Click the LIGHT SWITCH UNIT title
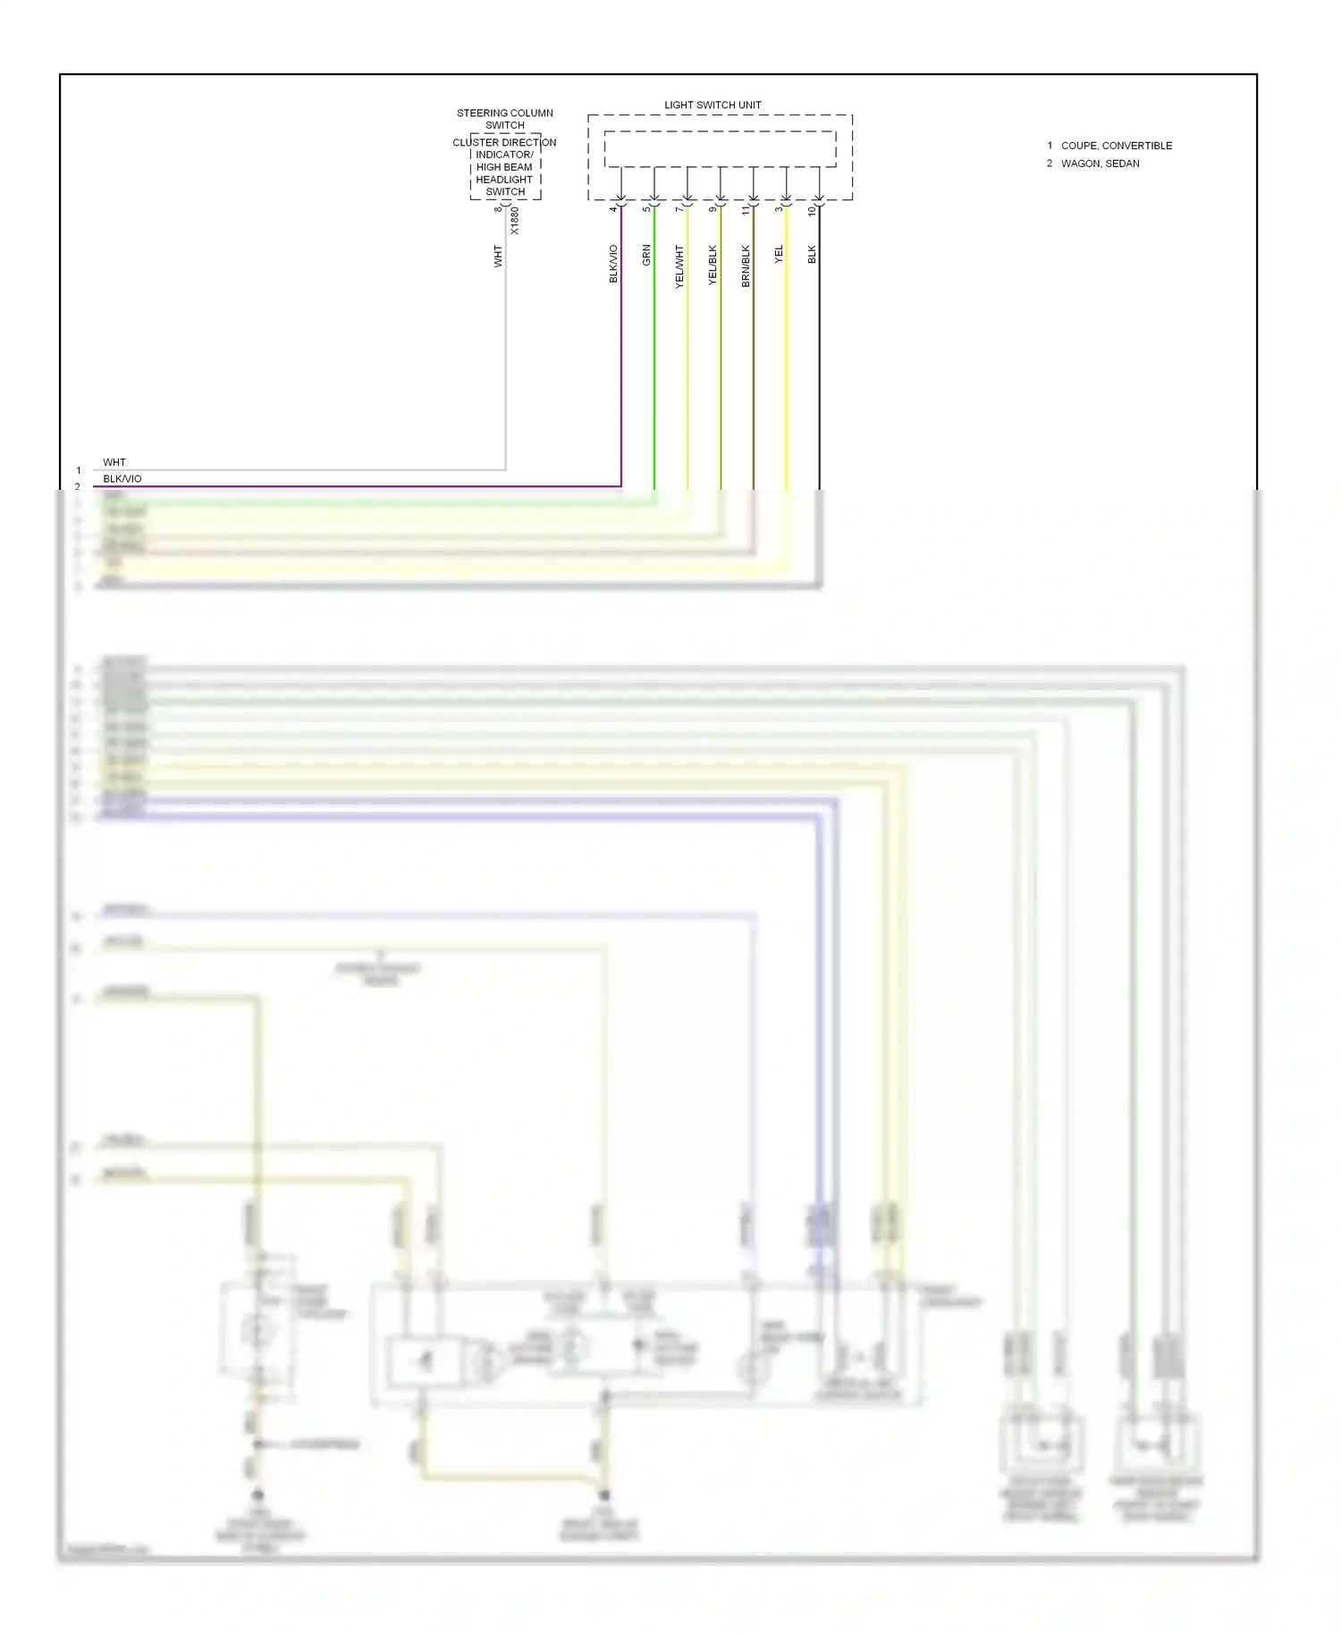click(713, 105)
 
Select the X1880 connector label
click(514, 221)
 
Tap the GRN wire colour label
click(646, 256)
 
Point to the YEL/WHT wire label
click(679, 265)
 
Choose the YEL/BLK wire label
click(713, 265)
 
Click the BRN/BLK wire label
click(746, 265)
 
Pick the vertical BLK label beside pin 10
click(812, 255)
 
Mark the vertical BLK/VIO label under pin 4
click(613, 265)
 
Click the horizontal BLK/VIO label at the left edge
click(122, 479)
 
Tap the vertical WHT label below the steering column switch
click(498, 257)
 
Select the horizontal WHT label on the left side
click(114, 462)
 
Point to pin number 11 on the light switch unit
click(746, 210)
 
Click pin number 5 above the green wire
click(646, 209)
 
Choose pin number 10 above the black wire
click(812, 211)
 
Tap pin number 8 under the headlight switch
click(498, 209)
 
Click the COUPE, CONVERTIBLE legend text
click(1117, 146)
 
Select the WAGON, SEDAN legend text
click(1100, 164)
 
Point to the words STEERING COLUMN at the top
click(505, 114)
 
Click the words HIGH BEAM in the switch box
click(504, 167)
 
